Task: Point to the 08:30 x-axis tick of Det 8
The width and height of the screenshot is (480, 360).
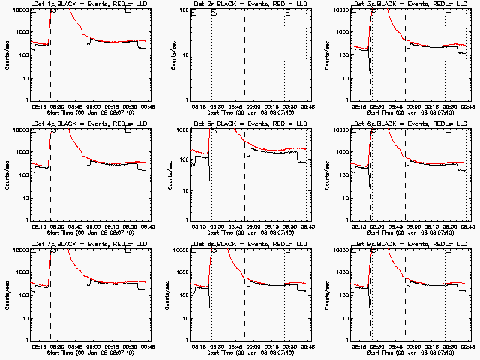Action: click(x=216, y=346)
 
